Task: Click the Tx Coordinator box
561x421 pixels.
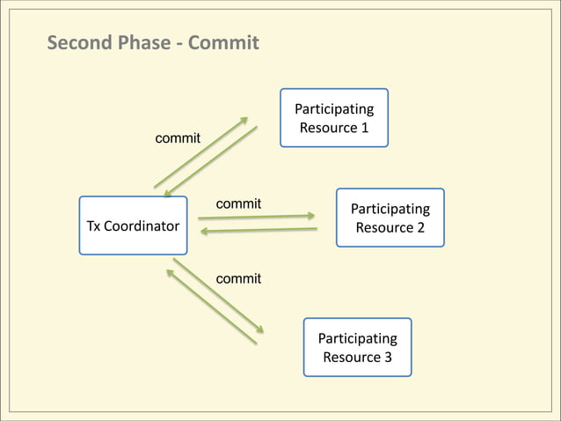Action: click(133, 225)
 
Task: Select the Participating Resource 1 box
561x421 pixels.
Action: click(333, 118)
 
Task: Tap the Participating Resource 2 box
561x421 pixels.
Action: click(390, 218)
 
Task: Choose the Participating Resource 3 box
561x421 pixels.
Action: click(357, 347)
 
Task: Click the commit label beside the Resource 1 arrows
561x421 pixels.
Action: click(178, 138)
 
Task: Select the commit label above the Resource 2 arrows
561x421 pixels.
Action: click(238, 203)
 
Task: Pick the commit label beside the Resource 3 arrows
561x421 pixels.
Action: click(238, 278)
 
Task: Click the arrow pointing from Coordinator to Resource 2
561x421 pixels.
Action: click(256, 216)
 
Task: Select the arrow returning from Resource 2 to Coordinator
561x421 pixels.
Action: click(259, 231)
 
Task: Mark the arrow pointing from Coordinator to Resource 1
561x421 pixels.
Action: click(200, 152)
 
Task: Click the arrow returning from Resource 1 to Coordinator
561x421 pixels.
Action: click(211, 161)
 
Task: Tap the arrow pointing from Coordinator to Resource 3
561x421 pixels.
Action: click(219, 295)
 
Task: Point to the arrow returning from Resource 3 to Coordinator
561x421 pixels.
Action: click(211, 307)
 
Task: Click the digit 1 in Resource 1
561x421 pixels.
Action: click(364, 129)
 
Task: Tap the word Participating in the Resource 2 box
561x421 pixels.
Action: click(390, 209)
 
